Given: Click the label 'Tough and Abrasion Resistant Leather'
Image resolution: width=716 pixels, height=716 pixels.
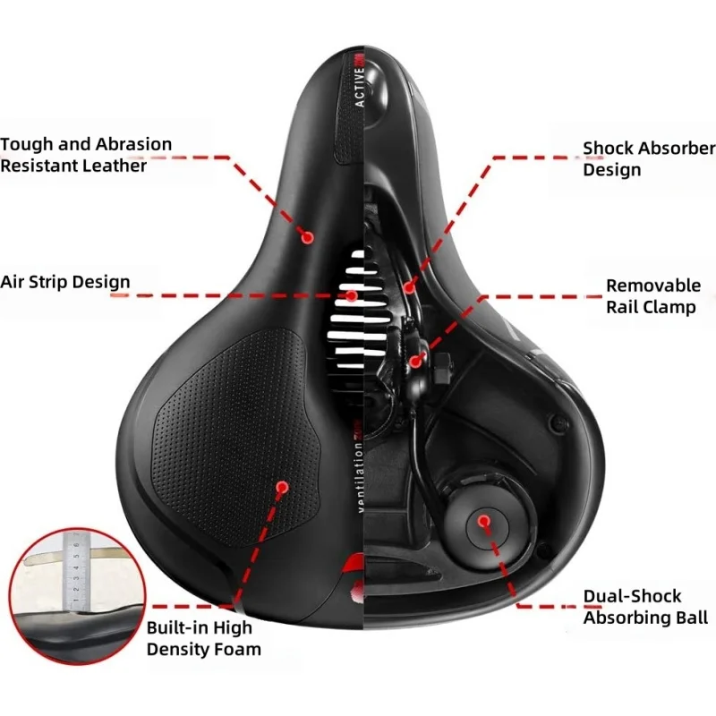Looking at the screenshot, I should tap(86, 154).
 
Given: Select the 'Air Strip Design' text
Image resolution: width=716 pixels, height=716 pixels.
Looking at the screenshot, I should tap(65, 282).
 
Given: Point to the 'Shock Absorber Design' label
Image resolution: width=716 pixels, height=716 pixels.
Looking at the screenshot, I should tap(649, 158).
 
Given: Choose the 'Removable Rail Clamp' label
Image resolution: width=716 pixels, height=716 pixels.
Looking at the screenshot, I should tap(652, 296).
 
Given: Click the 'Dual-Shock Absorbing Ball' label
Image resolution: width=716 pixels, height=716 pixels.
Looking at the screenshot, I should tap(644, 607).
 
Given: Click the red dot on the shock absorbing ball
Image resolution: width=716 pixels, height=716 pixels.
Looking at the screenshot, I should tap(484, 519).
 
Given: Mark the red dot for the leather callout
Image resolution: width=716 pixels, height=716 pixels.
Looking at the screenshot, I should tap(306, 238).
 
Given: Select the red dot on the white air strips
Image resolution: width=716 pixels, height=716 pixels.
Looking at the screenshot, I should tap(352, 295).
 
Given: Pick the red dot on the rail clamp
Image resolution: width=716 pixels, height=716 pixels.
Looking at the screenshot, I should tap(416, 361).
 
